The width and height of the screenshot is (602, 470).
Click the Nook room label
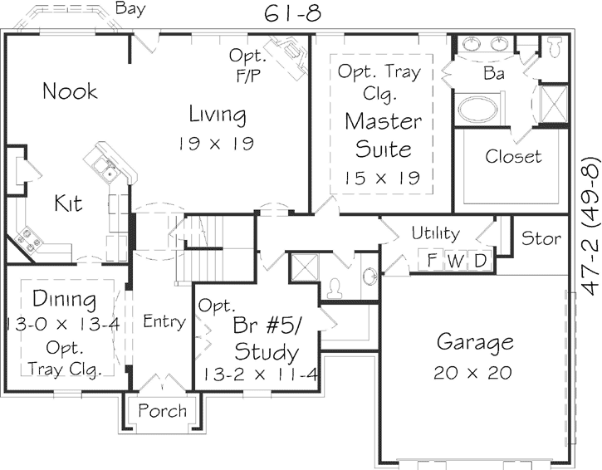71,91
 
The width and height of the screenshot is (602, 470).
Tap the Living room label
217,114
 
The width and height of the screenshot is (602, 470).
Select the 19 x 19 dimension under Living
216,143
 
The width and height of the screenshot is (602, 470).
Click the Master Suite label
383,135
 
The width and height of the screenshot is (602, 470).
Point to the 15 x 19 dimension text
383,177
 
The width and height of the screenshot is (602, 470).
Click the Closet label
513,156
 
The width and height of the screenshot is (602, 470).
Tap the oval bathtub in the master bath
478,110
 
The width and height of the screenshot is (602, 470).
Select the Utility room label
435,233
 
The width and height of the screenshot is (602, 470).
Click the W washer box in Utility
456,261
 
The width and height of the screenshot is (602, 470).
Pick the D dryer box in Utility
480,261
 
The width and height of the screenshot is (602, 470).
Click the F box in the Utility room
432,261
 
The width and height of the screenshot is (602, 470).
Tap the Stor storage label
541,239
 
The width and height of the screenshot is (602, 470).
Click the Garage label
475,342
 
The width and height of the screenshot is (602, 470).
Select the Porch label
162,411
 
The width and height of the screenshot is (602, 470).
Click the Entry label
164,321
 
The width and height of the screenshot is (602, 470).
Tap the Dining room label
64,299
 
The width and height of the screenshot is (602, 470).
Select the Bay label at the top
131,9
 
